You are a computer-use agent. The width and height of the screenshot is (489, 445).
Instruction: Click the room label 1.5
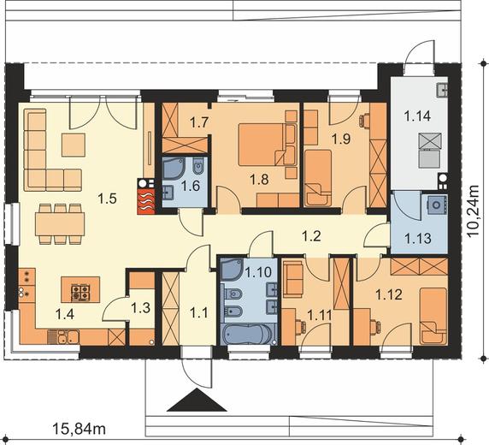click(107, 198)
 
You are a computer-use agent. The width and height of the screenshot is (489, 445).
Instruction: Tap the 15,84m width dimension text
click(80, 429)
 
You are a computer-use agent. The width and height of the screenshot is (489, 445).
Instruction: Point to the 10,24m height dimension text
click(474, 211)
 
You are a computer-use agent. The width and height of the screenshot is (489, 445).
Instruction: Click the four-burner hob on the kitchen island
click(80, 292)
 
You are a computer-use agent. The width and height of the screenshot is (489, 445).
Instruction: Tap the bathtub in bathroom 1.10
click(248, 334)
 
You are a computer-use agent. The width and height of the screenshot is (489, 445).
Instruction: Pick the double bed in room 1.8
click(268, 144)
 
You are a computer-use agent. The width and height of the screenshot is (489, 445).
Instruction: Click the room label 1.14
click(417, 116)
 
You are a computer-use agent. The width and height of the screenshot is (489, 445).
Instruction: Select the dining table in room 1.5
click(60, 224)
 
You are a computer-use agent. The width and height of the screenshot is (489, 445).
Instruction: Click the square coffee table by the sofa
click(74, 145)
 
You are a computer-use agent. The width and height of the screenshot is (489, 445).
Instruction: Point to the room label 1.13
click(417, 238)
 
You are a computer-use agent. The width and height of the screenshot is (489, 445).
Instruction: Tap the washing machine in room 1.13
click(438, 205)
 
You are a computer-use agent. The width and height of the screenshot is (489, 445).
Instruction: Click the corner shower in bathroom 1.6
click(174, 169)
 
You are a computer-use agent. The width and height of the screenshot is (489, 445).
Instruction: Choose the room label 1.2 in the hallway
click(311, 236)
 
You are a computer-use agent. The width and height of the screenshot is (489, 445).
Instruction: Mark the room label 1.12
click(389, 294)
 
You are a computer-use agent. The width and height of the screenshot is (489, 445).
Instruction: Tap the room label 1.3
click(140, 308)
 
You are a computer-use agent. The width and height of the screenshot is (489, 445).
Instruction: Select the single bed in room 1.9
click(318, 178)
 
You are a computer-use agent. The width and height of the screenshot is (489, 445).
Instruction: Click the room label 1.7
click(199, 122)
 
